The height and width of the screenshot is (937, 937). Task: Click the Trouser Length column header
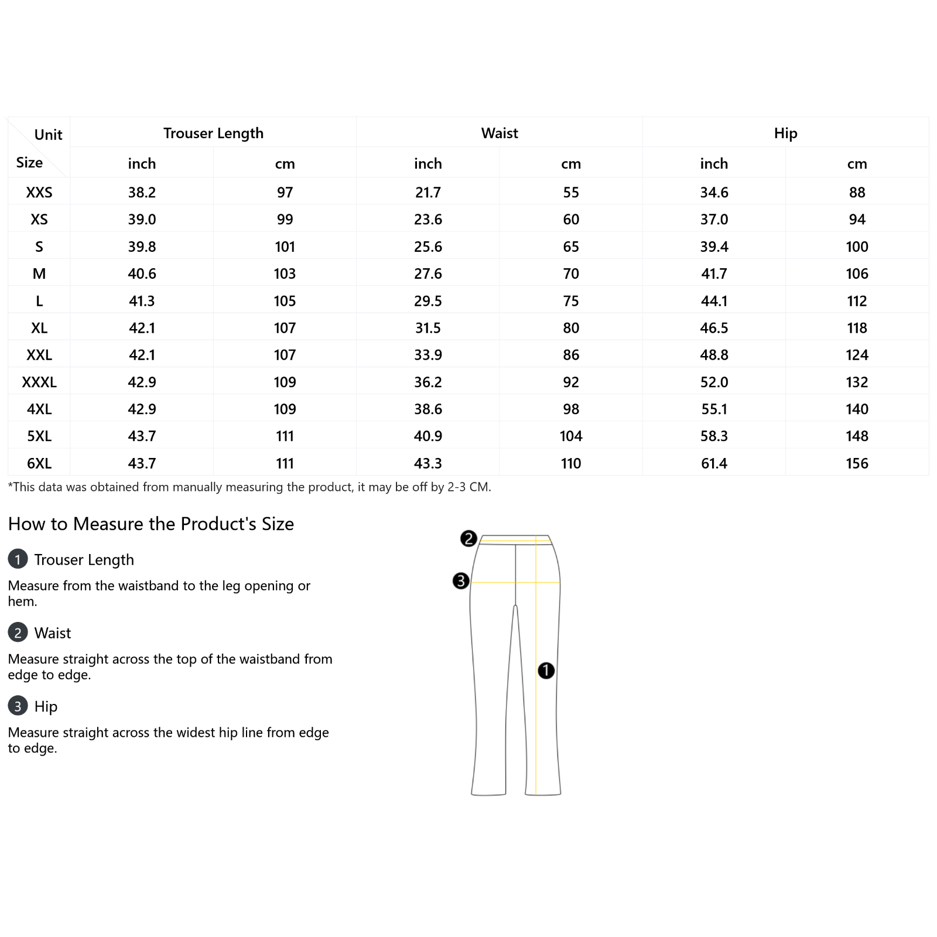tap(213, 134)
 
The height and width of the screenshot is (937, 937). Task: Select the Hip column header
tap(785, 134)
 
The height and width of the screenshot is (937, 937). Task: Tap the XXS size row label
tap(39, 193)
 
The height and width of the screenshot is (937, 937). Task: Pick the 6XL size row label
tap(39, 464)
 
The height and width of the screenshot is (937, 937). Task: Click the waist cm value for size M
tap(571, 274)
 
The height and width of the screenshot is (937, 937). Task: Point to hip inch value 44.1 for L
tap(714, 301)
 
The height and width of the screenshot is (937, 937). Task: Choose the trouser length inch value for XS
tap(142, 220)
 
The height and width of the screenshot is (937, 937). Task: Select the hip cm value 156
tap(857, 464)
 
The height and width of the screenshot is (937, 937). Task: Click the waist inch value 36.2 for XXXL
tap(428, 382)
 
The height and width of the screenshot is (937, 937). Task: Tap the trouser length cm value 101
tap(285, 247)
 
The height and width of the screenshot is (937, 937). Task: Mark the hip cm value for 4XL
tap(857, 409)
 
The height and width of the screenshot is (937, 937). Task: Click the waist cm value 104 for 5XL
tap(571, 436)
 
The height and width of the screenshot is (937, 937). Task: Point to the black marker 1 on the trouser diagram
tap(546, 671)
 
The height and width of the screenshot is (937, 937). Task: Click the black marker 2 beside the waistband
tap(468, 539)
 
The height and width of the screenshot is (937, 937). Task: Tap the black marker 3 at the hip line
tap(461, 581)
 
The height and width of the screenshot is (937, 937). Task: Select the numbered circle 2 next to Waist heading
tap(18, 632)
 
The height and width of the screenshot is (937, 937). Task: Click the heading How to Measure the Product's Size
tap(151, 524)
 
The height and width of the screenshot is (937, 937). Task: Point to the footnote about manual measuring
tap(249, 487)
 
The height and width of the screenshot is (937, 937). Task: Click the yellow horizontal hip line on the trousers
tap(504, 583)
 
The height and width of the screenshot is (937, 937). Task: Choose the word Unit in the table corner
tap(48, 135)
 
